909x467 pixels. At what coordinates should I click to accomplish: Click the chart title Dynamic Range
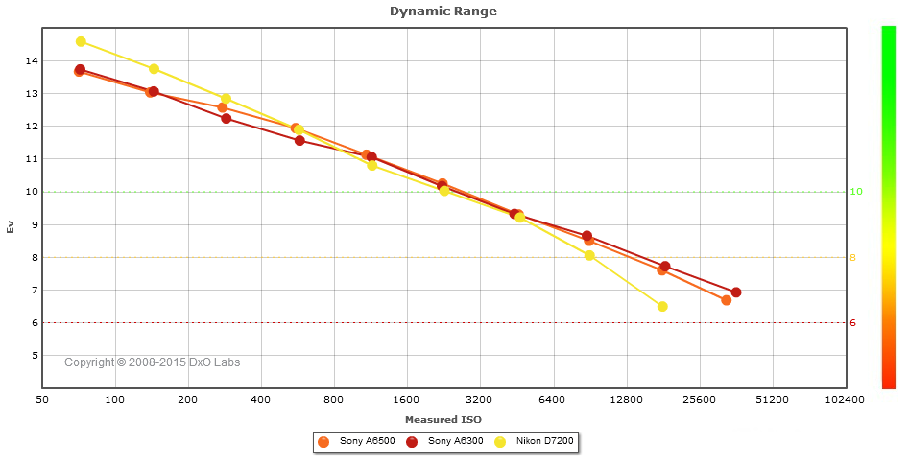click(x=443, y=12)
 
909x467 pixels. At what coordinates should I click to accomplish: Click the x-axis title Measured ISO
click(x=443, y=420)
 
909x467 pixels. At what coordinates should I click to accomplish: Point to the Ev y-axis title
click(x=11, y=227)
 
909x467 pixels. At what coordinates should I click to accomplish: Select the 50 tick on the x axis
click(x=42, y=399)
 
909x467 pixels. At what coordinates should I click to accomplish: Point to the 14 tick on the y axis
click(x=32, y=61)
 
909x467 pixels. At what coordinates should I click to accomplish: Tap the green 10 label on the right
click(x=856, y=192)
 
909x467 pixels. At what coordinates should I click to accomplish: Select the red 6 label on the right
click(x=853, y=323)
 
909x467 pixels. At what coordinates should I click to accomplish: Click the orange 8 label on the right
click(x=853, y=258)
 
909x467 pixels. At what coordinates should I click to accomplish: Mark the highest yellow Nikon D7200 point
click(x=81, y=42)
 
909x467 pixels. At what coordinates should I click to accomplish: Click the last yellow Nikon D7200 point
click(x=662, y=307)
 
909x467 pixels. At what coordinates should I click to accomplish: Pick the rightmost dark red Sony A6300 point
click(x=736, y=292)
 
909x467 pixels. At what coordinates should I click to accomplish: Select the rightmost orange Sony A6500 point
click(x=727, y=300)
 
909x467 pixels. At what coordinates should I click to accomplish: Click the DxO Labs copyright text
click(x=153, y=362)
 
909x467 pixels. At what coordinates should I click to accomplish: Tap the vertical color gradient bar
click(x=888, y=207)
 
